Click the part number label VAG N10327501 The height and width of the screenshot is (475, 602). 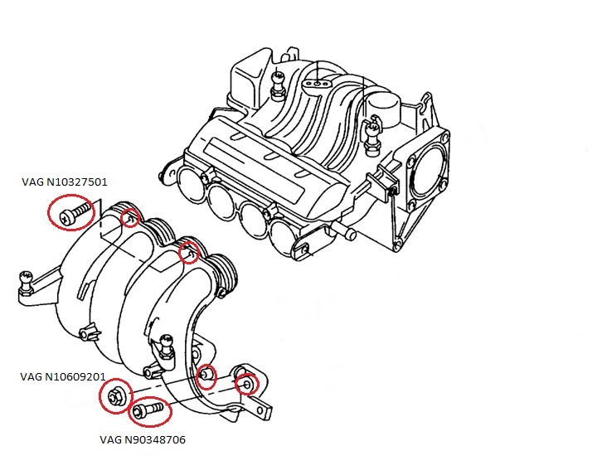64,182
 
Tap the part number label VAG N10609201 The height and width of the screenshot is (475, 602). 63,376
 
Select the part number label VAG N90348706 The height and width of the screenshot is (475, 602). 143,439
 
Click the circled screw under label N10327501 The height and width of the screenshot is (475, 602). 75,213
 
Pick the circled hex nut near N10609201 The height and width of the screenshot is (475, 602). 114,395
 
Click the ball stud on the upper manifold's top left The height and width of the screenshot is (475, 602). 278,85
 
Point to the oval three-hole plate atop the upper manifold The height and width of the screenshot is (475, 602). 316,83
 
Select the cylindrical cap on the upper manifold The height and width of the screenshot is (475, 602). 384,109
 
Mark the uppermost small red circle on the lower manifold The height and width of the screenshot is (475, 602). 130,217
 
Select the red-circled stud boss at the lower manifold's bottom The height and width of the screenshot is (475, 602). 206,376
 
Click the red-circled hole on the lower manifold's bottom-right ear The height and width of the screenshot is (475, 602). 247,384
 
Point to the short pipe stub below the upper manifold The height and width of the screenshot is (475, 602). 345,232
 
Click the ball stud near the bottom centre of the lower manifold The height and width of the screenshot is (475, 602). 166,347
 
